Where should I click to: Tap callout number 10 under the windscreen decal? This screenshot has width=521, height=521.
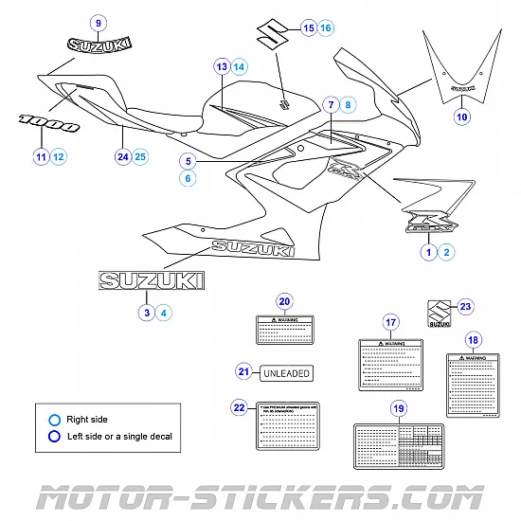pyautogui.click(x=461, y=117)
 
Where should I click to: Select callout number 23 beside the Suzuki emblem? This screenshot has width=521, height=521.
pyautogui.click(x=464, y=306)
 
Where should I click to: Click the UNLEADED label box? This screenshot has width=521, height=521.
pyautogui.click(x=285, y=372)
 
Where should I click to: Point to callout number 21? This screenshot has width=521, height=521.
pyautogui.click(x=243, y=372)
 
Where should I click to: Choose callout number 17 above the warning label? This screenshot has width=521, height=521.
pyautogui.click(x=389, y=320)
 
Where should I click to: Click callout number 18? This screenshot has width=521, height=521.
pyautogui.click(x=473, y=339)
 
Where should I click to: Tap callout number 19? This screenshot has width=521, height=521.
pyautogui.click(x=398, y=408)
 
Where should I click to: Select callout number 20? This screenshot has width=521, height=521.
pyautogui.click(x=284, y=302)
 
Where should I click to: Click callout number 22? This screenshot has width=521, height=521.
pyautogui.click(x=239, y=407)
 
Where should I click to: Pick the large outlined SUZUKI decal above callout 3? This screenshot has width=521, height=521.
pyautogui.click(x=153, y=279)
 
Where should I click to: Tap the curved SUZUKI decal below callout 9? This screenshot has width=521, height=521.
pyautogui.click(x=99, y=44)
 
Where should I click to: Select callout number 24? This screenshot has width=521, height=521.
pyautogui.click(x=122, y=155)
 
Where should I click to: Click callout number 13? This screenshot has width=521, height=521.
pyautogui.click(x=221, y=67)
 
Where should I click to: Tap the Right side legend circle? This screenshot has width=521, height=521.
pyautogui.click(x=56, y=418)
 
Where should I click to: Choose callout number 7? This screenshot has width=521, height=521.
pyautogui.click(x=331, y=104)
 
